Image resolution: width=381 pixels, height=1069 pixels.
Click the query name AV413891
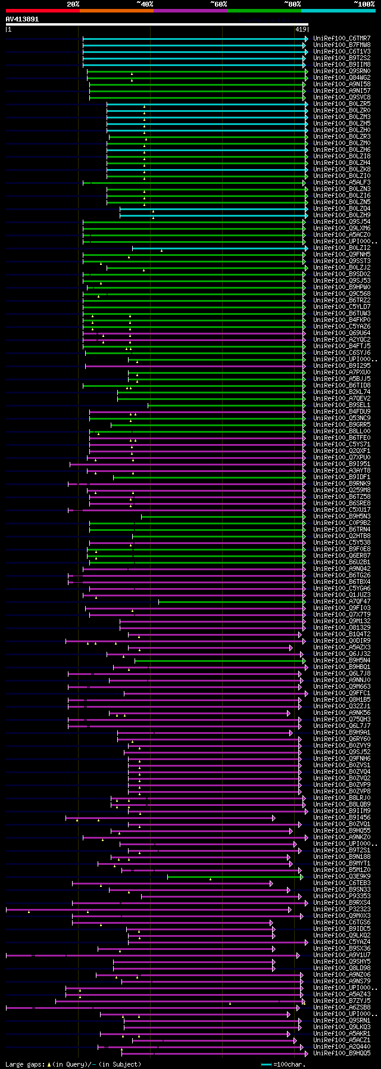tap(23, 19)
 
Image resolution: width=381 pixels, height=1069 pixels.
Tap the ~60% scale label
tap(218, 4)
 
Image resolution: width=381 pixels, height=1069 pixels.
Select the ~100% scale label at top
tap(364, 4)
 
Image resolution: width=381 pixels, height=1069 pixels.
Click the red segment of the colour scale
tap(42, 11)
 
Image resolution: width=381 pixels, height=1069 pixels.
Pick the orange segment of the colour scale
tap(116, 11)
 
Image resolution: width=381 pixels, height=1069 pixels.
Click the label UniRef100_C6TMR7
tap(342, 39)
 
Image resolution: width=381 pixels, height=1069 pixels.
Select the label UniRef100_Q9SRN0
tap(342, 71)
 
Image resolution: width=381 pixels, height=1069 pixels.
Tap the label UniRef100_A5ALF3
tap(342, 183)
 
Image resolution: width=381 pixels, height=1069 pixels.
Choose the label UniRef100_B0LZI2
tap(342, 248)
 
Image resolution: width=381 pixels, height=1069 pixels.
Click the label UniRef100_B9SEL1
tap(342, 405)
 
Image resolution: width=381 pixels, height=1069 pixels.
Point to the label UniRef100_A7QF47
tap(342, 602)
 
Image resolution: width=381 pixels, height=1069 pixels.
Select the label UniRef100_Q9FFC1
tap(342, 693)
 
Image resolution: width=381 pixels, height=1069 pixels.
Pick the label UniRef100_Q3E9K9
tap(342, 877)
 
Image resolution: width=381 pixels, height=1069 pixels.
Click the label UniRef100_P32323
tap(342, 909)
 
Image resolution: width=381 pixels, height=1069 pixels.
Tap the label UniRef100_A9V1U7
tap(342, 955)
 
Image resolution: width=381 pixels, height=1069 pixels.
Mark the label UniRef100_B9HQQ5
tap(342, 1054)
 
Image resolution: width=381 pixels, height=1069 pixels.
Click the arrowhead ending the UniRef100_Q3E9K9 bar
tap(302, 877)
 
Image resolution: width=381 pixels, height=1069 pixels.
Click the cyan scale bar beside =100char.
tap(266, 1064)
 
